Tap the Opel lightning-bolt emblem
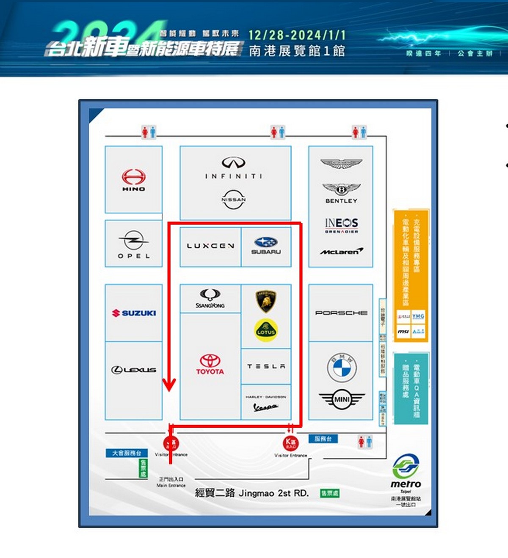(x=134, y=240)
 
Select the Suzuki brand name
(x=138, y=313)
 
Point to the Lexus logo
(x=134, y=370)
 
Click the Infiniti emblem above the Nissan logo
(x=234, y=162)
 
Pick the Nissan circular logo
(x=234, y=199)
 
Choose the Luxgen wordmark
(x=210, y=246)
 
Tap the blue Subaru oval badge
(x=266, y=242)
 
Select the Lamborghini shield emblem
(x=266, y=301)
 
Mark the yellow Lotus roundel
(x=266, y=330)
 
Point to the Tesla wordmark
(x=266, y=366)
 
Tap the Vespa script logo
(x=265, y=407)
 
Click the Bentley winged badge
(x=341, y=189)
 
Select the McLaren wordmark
(x=341, y=252)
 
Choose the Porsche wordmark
(x=341, y=313)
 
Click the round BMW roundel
(x=342, y=367)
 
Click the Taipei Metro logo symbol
(x=406, y=466)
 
